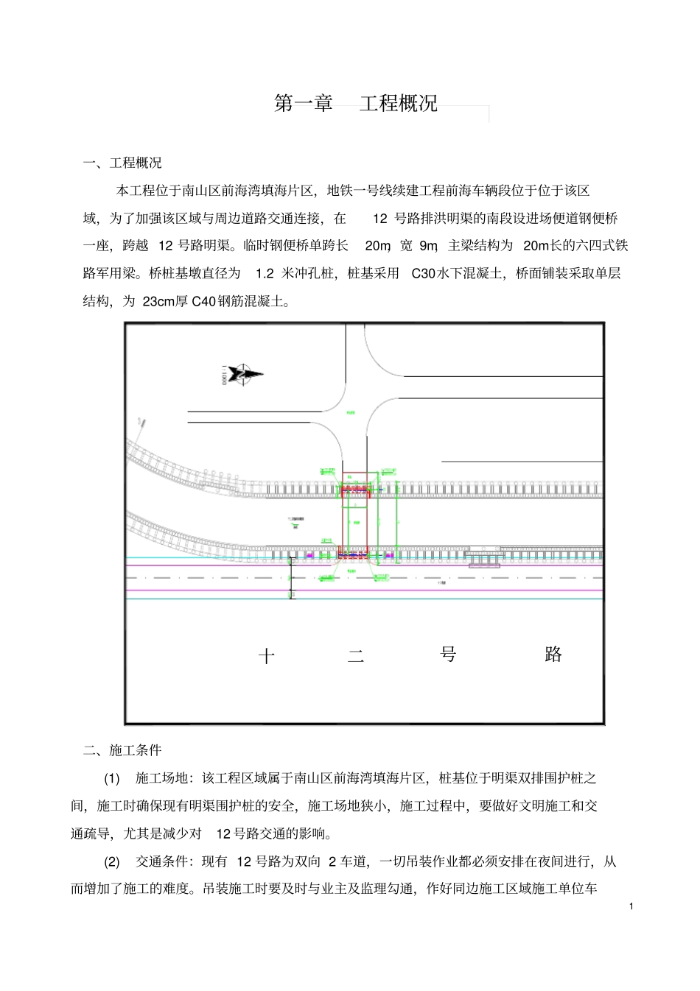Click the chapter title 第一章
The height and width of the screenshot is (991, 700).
(x=304, y=103)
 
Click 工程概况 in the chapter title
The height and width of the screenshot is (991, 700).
(x=399, y=103)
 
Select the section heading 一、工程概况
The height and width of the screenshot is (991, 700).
(x=122, y=163)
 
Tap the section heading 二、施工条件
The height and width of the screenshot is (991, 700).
(x=122, y=750)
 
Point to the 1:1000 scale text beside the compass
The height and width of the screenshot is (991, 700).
(x=224, y=375)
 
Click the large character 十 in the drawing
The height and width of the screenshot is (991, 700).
(x=267, y=656)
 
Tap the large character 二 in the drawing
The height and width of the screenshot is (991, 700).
(x=356, y=656)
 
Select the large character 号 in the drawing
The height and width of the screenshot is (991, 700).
(x=448, y=654)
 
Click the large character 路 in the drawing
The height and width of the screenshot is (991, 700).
(x=553, y=654)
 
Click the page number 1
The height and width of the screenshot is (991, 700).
(x=631, y=906)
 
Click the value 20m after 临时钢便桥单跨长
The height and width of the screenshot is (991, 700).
(x=377, y=246)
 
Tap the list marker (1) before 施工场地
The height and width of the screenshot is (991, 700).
(x=111, y=778)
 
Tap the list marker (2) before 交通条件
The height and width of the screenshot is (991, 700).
(x=111, y=861)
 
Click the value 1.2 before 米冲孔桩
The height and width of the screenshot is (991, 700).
(x=265, y=274)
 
